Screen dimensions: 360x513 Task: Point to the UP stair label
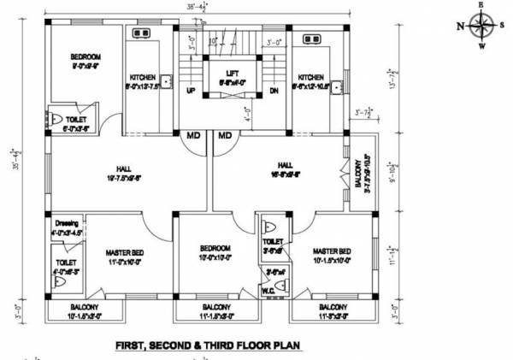tap(191, 90)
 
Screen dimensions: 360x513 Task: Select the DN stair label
tap(274, 90)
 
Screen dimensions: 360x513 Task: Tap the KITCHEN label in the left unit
tap(142, 77)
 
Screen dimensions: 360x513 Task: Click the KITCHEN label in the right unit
tap(310, 77)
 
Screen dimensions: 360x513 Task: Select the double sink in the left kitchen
tap(141, 34)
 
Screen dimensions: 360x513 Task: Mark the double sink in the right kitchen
tap(310, 38)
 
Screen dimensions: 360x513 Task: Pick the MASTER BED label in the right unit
tap(332, 251)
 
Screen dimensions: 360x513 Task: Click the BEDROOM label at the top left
tap(85, 57)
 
